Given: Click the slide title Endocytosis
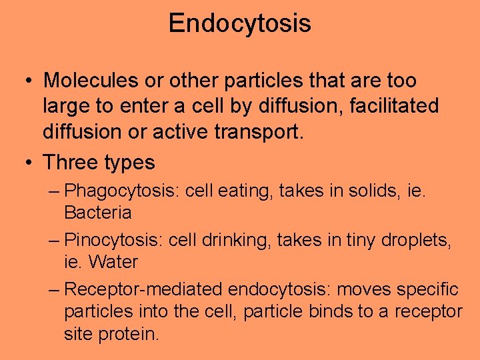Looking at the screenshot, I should [239, 24].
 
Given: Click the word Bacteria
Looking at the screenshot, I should [98, 213].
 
